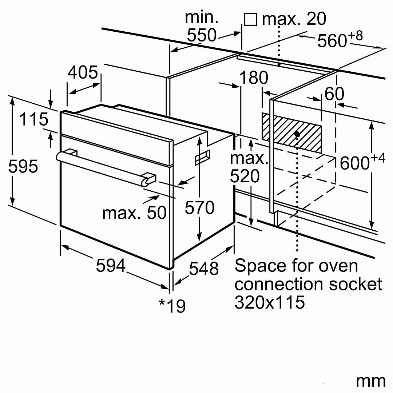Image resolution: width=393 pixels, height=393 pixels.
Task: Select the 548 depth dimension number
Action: tap(204, 269)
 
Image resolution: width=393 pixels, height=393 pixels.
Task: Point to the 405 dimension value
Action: tap(83, 72)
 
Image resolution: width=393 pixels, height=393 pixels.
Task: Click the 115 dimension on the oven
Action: tap(33, 119)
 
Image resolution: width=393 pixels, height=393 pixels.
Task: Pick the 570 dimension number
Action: tap(199, 207)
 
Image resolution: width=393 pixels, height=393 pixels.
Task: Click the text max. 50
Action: tap(134, 213)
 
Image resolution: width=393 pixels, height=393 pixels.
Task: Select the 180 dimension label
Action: tap(254, 78)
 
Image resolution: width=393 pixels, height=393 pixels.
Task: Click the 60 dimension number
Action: tap(334, 94)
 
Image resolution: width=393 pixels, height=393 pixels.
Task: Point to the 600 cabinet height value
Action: tap(355, 163)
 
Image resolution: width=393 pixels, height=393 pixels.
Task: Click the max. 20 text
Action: tap(294, 19)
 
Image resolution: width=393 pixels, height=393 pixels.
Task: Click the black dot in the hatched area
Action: tap(297, 134)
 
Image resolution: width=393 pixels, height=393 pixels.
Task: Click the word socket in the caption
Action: tap(356, 284)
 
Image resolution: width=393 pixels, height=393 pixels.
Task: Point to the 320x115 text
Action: tap(270, 302)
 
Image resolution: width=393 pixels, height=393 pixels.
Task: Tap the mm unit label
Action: tap(370, 381)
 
